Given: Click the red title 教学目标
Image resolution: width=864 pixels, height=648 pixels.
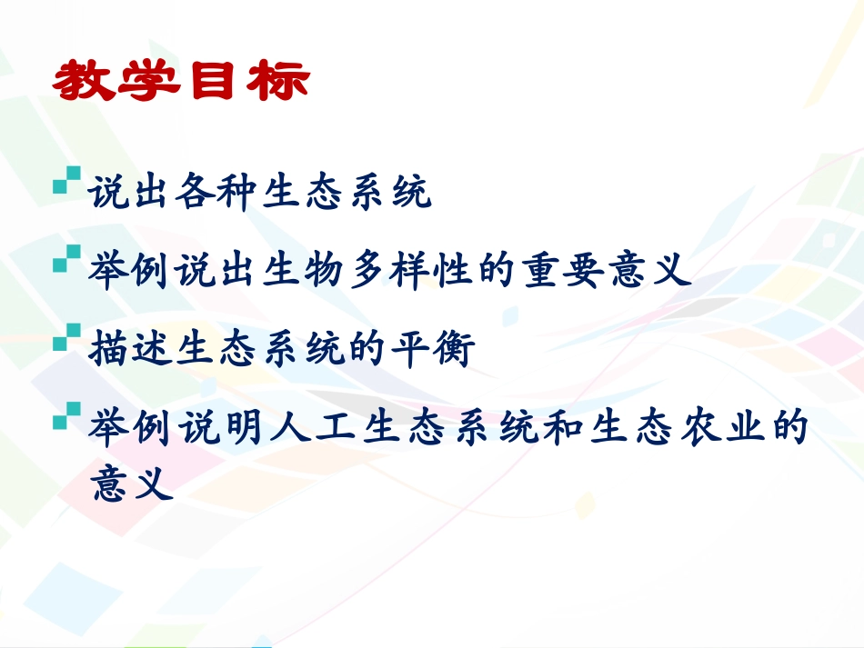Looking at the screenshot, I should point(181,83).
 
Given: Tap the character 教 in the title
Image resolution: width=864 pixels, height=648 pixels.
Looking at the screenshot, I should point(85,83).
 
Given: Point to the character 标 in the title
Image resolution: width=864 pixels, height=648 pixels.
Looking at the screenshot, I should point(278,83).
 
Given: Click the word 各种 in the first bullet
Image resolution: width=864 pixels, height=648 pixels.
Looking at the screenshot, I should point(216,194).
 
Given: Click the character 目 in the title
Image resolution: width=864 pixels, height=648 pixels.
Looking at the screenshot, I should point(214,83).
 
